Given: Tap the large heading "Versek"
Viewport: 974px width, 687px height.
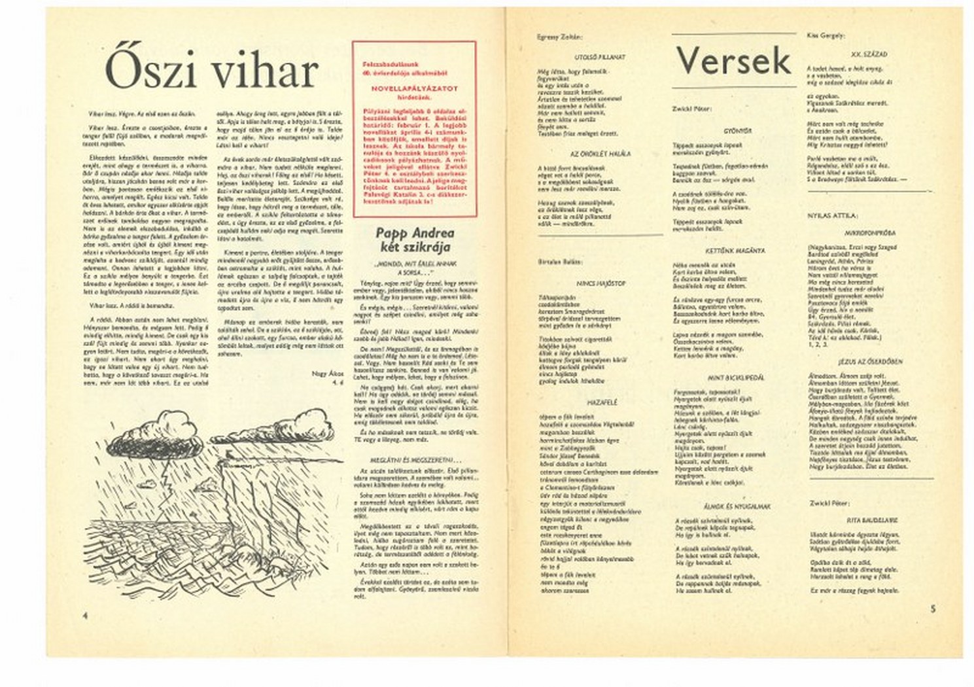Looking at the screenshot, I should (x=733, y=62).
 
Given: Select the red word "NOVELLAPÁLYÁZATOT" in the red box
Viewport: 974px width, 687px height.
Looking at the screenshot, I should (x=415, y=87).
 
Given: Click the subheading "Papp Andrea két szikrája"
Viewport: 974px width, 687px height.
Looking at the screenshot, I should (x=415, y=239).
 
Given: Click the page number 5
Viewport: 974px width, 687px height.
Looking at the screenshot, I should (x=933, y=608).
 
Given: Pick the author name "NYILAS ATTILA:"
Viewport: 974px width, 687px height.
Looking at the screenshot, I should (x=833, y=215).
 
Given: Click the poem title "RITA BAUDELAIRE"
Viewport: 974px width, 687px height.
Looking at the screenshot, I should (x=871, y=520).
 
